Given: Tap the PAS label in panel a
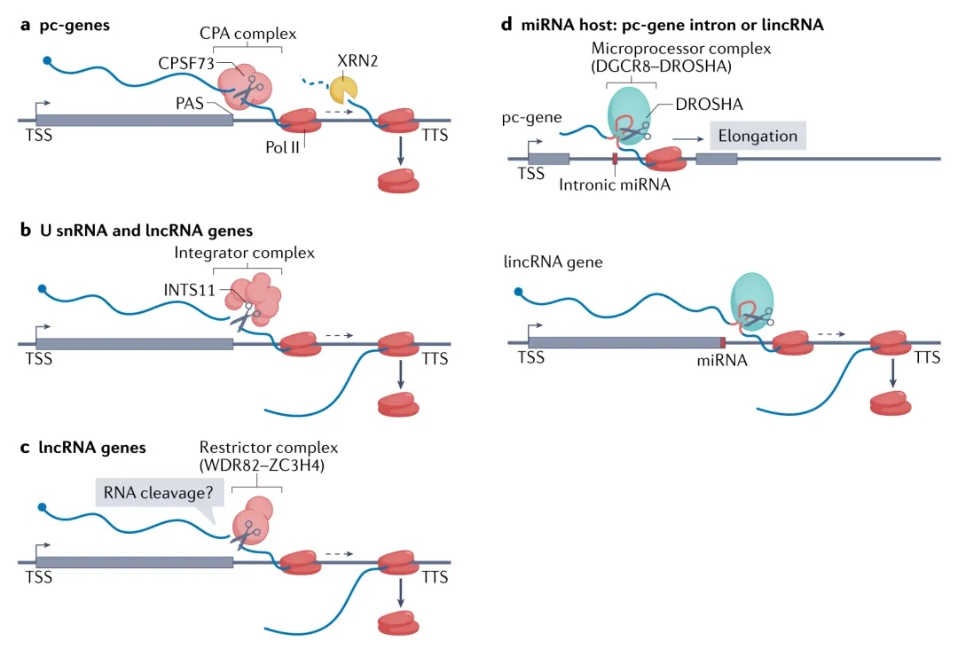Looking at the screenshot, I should [x=189, y=103].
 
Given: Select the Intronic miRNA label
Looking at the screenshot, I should [x=615, y=185].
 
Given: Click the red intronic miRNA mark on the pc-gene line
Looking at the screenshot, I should [x=614, y=159].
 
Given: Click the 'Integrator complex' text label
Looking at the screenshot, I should [x=256, y=253].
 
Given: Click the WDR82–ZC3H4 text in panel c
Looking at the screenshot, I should [x=255, y=465].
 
